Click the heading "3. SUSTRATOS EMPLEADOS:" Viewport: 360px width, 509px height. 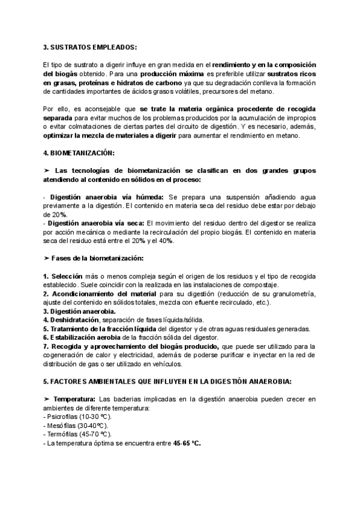pyautogui.click(x=90, y=47)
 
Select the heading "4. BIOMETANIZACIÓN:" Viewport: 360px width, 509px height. pyautogui.click(x=79, y=153)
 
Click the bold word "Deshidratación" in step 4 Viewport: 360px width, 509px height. pyautogui.click(x=75, y=320)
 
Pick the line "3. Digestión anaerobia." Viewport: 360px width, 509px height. pyautogui.click(x=79, y=312)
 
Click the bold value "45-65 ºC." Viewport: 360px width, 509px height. pyautogui.click(x=187, y=443)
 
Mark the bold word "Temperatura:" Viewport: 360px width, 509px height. pyautogui.click(x=74, y=400)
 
